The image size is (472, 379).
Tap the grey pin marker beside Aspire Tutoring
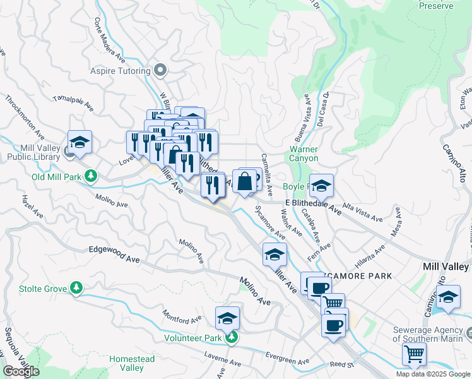point(160,71)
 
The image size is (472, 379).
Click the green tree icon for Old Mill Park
point(91,176)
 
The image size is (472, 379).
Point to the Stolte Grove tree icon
point(76,289)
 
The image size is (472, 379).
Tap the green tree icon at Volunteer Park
point(232,337)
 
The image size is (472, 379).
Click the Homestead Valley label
point(131,363)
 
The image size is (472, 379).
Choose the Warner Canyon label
point(304,153)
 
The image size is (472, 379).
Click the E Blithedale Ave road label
point(313,207)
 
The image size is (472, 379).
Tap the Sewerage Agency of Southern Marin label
point(432,334)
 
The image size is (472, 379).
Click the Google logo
point(21,371)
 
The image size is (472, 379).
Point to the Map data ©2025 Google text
point(432,374)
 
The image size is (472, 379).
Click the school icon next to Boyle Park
point(321,186)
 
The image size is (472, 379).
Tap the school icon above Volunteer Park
point(227,318)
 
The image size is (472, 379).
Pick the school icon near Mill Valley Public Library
point(80,142)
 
